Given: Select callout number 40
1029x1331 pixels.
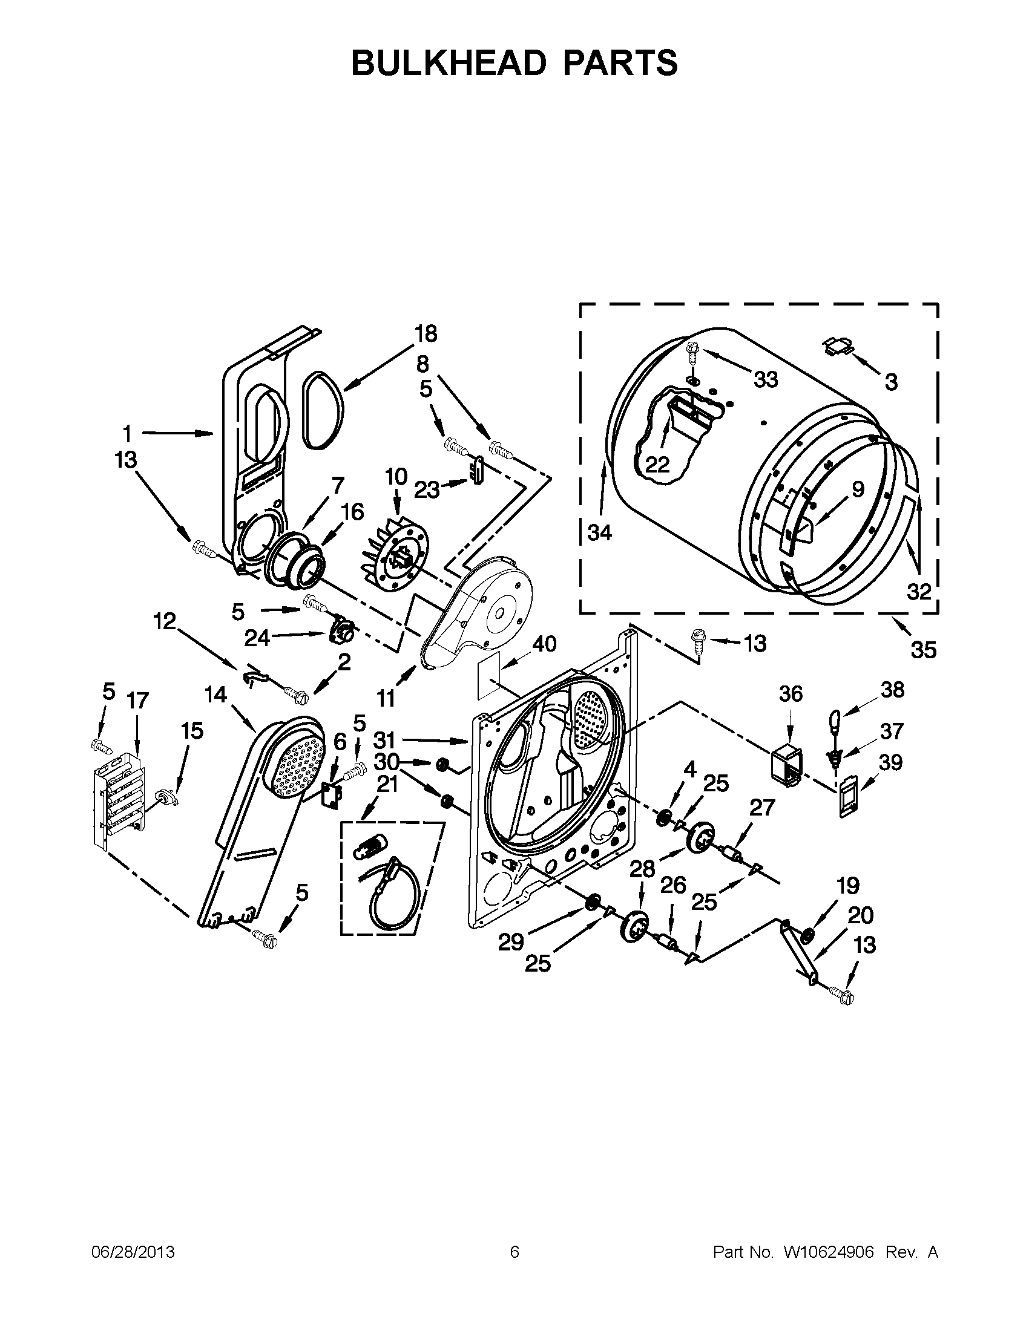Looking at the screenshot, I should pyautogui.click(x=544, y=644).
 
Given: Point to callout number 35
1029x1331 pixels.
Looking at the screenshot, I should pyautogui.click(x=923, y=650).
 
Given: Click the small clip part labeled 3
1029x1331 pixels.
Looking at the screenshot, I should pyautogui.click(x=839, y=346).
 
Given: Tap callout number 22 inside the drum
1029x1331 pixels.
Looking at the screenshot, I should pyautogui.click(x=657, y=465).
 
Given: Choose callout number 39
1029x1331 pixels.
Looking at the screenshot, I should pyautogui.click(x=890, y=762).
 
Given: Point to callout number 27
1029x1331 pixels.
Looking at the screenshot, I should pyautogui.click(x=761, y=808).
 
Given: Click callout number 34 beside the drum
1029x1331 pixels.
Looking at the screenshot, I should pyautogui.click(x=599, y=532).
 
